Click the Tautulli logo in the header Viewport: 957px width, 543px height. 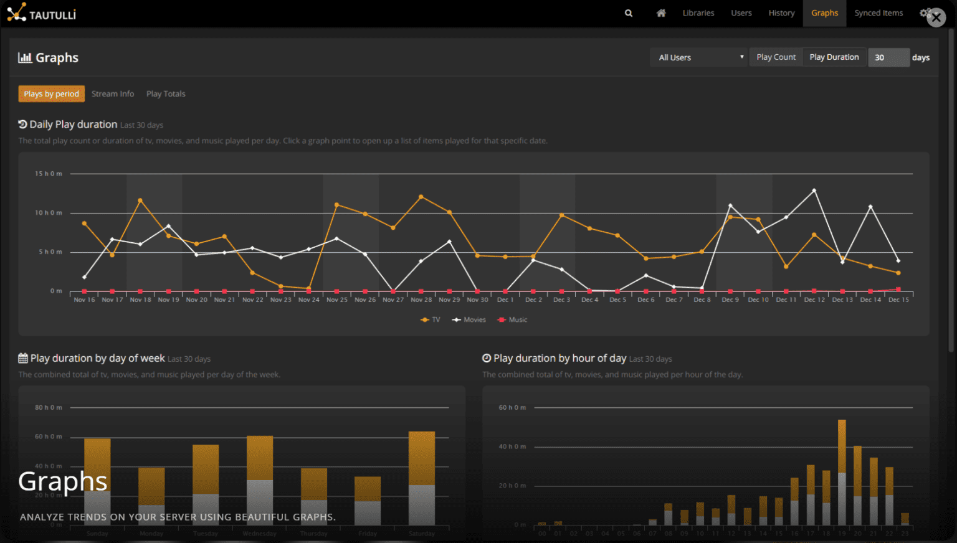[x=42, y=13]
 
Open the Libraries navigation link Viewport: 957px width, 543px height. [x=698, y=13]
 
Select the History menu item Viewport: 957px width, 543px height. [x=781, y=13]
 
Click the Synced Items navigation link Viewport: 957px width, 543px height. [x=878, y=13]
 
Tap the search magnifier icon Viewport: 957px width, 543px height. [x=629, y=13]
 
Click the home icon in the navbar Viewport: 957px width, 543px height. [x=661, y=13]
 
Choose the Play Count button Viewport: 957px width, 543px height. [x=776, y=57]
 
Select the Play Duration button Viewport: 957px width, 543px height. [x=834, y=57]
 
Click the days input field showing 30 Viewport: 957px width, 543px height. [x=888, y=57]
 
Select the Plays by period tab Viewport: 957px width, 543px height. [x=52, y=94]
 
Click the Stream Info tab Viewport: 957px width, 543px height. [x=113, y=94]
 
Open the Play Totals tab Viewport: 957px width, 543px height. [x=166, y=94]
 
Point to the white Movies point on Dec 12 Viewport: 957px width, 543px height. [x=814, y=191]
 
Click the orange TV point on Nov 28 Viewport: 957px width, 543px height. [x=421, y=197]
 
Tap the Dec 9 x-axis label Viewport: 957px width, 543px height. [x=730, y=300]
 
